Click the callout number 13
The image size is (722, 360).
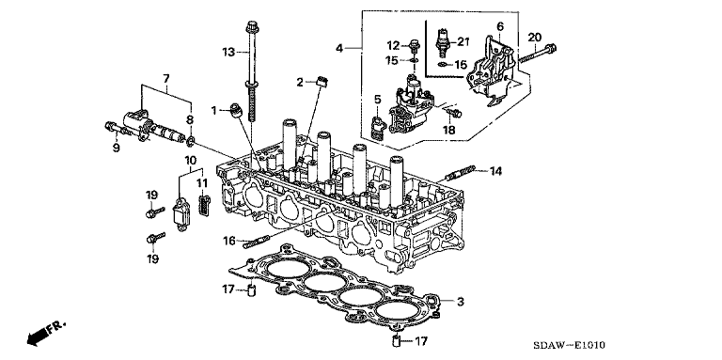pyautogui.click(x=228, y=53)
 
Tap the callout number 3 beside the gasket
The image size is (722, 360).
pyautogui.click(x=460, y=302)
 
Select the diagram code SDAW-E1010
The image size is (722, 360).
pyautogui.click(x=569, y=345)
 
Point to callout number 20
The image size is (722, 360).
pyautogui.click(x=535, y=38)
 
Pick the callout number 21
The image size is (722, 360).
pyautogui.click(x=462, y=42)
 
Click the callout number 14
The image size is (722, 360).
pyautogui.click(x=495, y=171)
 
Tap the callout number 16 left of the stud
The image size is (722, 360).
pyautogui.click(x=229, y=241)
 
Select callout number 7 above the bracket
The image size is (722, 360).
pyautogui.click(x=165, y=79)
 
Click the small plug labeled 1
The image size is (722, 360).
pyautogui.click(x=236, y=111)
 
